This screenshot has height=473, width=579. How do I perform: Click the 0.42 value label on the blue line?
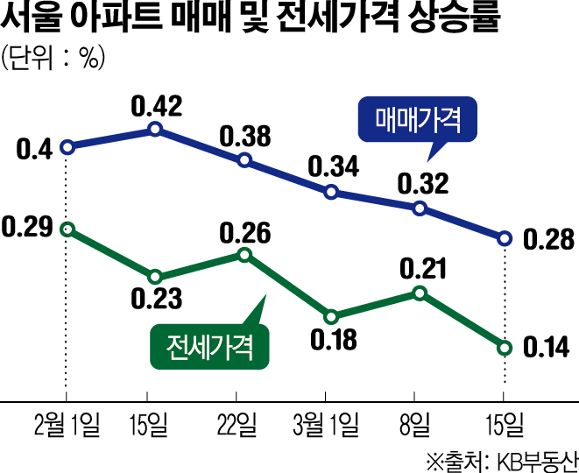point(156,107)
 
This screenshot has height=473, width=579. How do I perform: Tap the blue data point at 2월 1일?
point(67,147)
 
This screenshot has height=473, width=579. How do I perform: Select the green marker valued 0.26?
point(244,255)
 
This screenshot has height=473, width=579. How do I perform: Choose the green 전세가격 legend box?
point(208,346)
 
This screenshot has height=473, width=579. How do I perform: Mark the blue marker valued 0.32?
point(420,208)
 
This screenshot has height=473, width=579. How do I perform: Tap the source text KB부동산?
point(535,459)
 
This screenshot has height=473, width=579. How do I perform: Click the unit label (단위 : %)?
point(53,60)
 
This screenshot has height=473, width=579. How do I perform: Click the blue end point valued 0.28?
point(505,238)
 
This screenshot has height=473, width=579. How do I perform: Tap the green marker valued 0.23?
point(155,278)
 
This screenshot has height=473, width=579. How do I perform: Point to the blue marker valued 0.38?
point(244,160)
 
